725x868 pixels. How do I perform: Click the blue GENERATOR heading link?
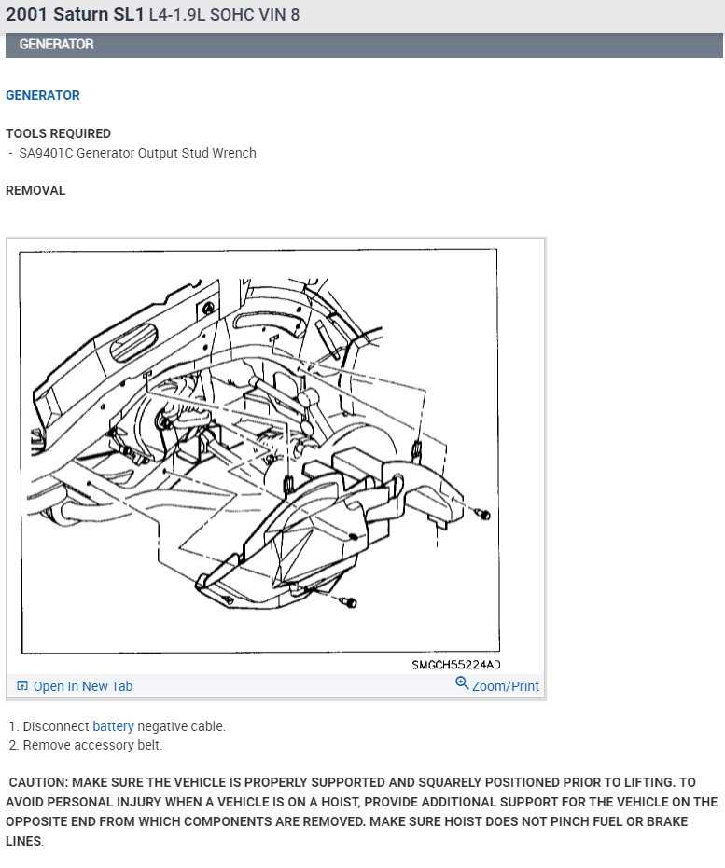click(43, 95)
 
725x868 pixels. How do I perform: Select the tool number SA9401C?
click(46, 153)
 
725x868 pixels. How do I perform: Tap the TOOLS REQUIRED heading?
click(58, 133)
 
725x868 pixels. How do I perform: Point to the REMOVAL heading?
click(35, 190)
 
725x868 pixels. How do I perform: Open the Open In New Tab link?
click(83, 686)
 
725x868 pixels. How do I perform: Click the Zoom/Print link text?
click(505, 686)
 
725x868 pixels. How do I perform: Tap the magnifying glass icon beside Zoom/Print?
click(462, 683)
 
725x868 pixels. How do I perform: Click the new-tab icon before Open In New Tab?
click(22, 686)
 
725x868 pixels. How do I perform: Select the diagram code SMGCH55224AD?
click(456, 665)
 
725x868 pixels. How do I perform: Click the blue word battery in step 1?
click(113, 726)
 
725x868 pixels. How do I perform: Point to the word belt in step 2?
click(149, 745)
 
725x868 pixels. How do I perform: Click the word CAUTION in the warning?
click(39, 783)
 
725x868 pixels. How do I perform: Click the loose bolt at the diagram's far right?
click(482, 515)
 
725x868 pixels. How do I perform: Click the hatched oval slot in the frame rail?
click(133, 342)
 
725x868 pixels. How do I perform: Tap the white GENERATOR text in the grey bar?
click(57, 45)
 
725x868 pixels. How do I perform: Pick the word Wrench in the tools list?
click(234, 153)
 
